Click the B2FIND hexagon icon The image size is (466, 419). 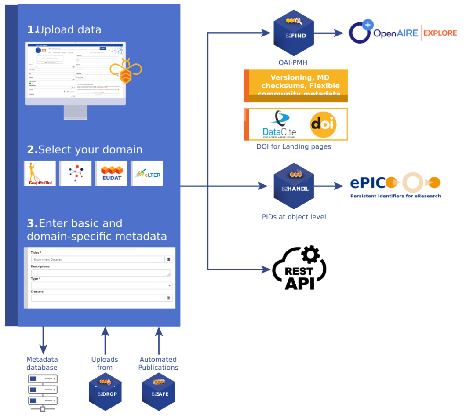pyautogui.click(x=293, y=32)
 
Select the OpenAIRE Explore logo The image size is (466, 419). pyautogui.click(x=402, y=33)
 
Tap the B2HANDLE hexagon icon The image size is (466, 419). pyautogui.click(x=293, y=186)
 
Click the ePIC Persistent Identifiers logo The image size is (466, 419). pyautogui.click(x=395, y=186)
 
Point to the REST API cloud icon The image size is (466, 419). pyautogui.click(x=299, y=269)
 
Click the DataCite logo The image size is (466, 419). pyautogui.click(x=279, y=125)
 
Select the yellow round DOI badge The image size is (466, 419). pyautogui.click(x=323, y=124)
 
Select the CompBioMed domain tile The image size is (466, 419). pyautogui.click(x=40, y=173)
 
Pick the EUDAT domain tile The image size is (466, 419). pyautogui.click(x=111, y=173)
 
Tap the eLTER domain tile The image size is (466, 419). pyautogui.click(x=147, y=173)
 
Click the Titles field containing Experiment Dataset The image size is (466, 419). pyautogui.click(x=97, y=259)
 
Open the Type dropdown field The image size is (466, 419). pyautogui.click(x=101, y=285)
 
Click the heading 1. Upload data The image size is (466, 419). pyautogui.click(x=64, y=30)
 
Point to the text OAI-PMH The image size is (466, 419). pyautogui.click(x=293, y=63)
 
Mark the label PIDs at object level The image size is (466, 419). pyautogui.click(x=294, y=217)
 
